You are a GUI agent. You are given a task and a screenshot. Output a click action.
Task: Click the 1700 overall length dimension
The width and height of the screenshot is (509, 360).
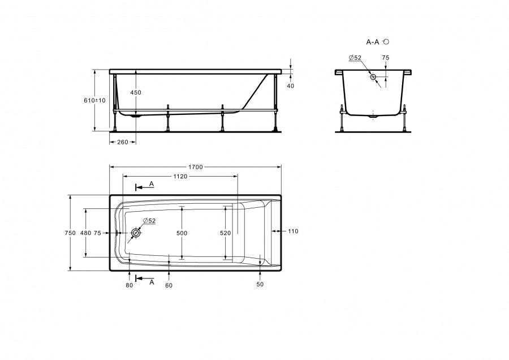196,167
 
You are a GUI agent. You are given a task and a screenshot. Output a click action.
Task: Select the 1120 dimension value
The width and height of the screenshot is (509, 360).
180,177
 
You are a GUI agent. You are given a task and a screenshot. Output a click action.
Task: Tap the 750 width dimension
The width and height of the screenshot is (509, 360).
70,233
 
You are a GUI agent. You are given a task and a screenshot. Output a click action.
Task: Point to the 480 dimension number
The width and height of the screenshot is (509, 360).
85,233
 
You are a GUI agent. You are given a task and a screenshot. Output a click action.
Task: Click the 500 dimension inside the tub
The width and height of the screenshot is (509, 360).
182,233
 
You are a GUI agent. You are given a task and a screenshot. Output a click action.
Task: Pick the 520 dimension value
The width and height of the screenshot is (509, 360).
225,233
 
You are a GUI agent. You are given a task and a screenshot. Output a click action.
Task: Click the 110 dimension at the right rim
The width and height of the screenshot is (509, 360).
293,232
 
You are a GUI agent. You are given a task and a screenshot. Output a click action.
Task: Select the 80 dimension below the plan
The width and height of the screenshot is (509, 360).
129,285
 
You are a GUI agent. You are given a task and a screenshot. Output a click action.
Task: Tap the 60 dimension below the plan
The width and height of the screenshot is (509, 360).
169,285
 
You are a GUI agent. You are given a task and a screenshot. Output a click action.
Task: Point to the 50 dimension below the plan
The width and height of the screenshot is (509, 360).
260,284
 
